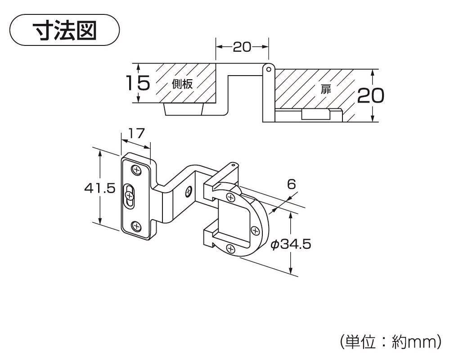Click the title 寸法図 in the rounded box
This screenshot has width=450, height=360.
pyautogui.click(x=65, y=30)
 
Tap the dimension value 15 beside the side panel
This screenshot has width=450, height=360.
pyautogui.click(x=137, y=84)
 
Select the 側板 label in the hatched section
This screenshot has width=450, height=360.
pyautogui.click(x=182, y=84)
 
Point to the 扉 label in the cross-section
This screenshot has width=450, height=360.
pyautogui.click(x=325, y=89)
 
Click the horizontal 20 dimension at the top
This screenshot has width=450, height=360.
pyautogui.click(x=242, y=47)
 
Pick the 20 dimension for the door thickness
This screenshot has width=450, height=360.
pyautogui.click(x=370, y=95)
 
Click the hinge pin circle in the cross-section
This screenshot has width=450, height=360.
pyautogui.click(x=268, y=69)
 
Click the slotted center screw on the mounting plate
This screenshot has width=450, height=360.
pyautogui.click(x=130, y=195)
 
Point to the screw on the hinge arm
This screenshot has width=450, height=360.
pyautogui.click(x=188, y=191)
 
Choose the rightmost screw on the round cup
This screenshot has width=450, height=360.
pyautogui.click(x=255, y=231)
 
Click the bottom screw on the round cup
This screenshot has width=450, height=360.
pyautogui.click(x=230, y=248)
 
